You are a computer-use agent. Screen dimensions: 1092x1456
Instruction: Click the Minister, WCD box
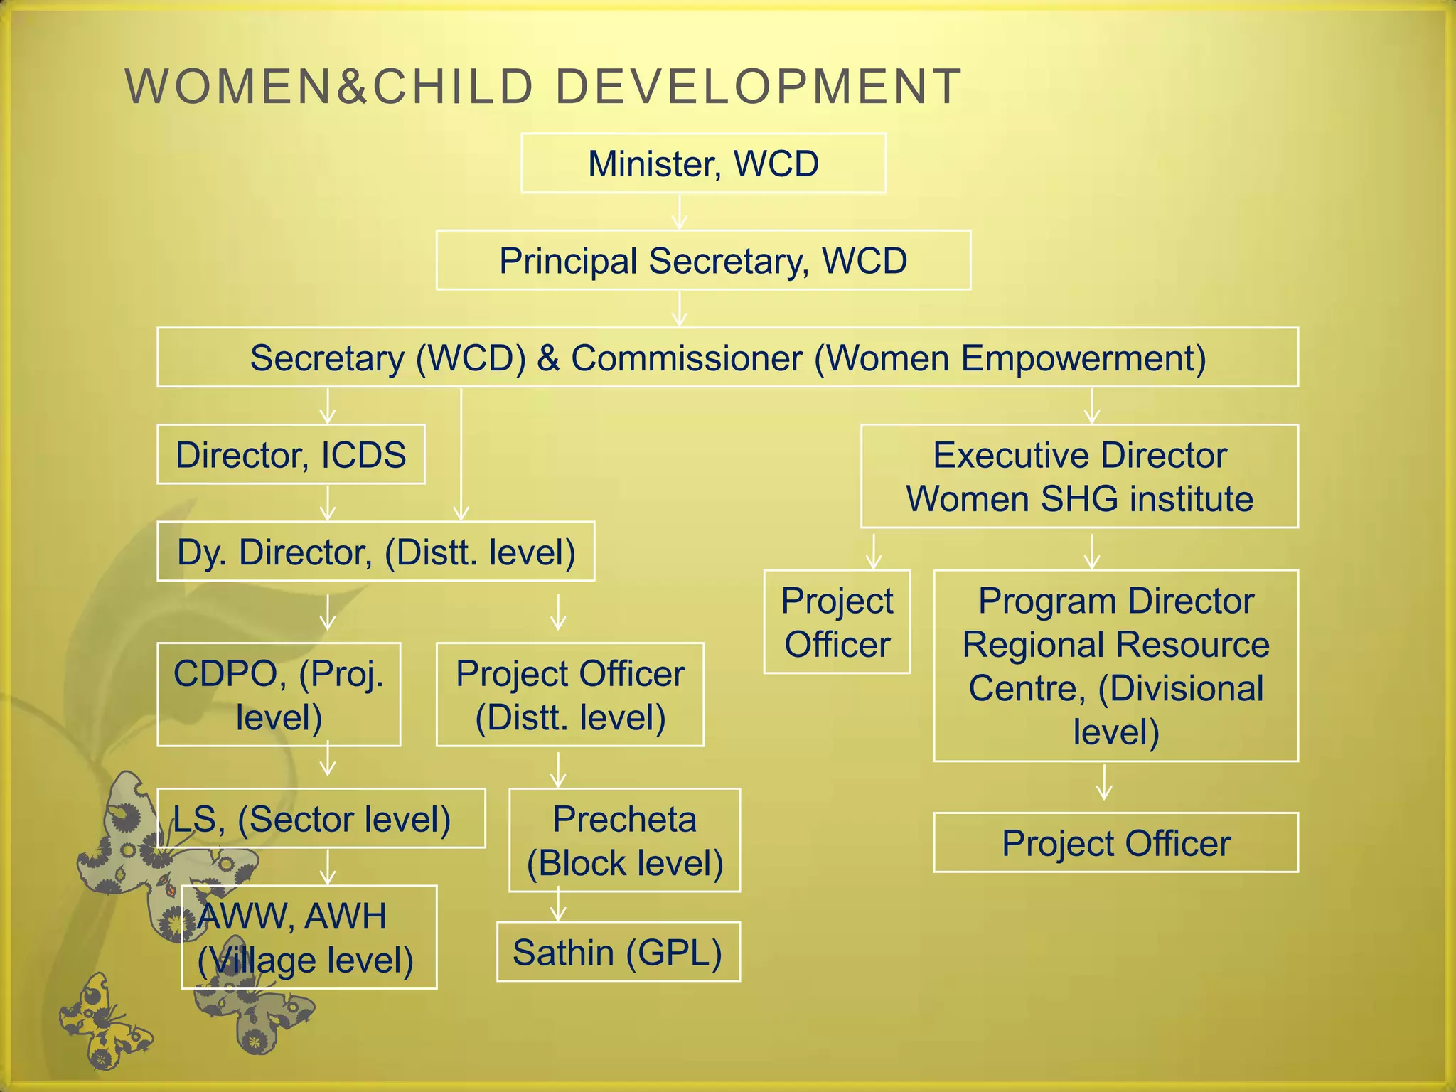coord(703,164)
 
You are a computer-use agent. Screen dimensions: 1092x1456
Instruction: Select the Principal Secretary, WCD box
coord(703,260)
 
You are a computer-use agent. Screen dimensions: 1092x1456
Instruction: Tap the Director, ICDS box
coord(291,455)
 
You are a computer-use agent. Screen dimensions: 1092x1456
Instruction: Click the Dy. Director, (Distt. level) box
coord(375,552)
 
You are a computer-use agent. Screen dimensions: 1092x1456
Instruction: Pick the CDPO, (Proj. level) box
coord(279,695)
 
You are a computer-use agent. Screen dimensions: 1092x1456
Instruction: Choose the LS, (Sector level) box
coord(321,818)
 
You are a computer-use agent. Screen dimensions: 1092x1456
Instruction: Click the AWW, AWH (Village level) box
coord(309,937)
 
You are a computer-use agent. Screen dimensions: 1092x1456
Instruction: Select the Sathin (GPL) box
coord(618,952)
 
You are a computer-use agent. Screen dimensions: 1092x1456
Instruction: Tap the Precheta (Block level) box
coord(624,840)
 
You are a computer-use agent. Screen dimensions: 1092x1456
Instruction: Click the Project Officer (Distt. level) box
coord(569,695)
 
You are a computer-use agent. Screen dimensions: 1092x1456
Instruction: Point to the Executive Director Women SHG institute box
coord(1079,476)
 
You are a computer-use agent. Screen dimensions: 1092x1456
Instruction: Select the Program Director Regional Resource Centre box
coord(1115,665)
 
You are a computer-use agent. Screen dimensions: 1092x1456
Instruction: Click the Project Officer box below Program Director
coord(1115,843)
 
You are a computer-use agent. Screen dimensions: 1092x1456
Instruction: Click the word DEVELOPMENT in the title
coord(758,87)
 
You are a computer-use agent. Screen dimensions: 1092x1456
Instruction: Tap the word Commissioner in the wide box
coord(687,358)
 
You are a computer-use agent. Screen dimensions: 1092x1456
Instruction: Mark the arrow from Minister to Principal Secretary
coord(680,212)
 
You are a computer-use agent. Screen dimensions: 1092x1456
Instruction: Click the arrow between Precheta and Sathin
coord(558,904)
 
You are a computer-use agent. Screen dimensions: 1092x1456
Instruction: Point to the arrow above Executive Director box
coord(1092,406)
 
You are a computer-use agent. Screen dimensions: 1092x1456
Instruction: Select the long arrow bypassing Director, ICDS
coord(461,455)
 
